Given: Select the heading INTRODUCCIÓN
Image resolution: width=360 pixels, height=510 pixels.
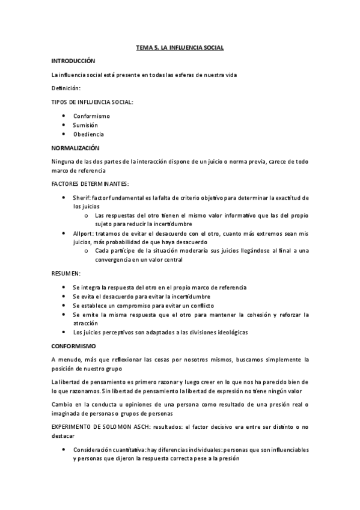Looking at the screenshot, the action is click(73, 61).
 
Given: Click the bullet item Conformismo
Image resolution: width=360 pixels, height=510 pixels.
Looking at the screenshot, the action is click(91, 115).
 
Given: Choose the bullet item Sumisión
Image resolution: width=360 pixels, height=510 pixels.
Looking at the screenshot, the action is click(85, 124).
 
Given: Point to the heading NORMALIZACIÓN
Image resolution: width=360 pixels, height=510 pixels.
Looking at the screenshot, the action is click(75, 147).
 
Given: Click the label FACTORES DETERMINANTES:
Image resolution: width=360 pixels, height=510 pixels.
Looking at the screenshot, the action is click(90, 183).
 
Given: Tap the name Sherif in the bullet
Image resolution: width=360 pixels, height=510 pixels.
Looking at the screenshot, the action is click(81, 197).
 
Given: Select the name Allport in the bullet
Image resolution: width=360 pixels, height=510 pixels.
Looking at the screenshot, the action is click(83, 233).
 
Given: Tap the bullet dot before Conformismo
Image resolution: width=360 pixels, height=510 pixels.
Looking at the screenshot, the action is click(64, 115).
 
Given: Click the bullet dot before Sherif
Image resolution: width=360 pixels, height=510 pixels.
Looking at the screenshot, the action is click(64, 197).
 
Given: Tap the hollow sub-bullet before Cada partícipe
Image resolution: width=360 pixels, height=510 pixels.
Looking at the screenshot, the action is click(87, 251).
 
